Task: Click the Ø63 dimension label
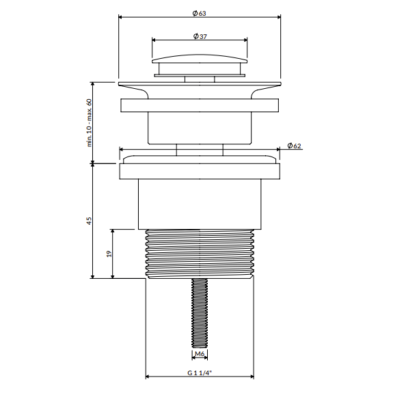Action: (x=199, y=13)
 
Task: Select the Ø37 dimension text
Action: (x=200, y=36)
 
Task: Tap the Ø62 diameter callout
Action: (x=294, y=146)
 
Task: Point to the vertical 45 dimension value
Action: (x=89, y=221)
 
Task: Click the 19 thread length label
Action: (x=109, y=254)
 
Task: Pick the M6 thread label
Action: (x=200, y=353)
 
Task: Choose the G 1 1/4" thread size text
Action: (x=200, y=373)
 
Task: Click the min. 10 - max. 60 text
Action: (x=89, y=123)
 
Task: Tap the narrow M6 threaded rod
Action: (x=200, y=313)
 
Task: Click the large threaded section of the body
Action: (x=200, y=254)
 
